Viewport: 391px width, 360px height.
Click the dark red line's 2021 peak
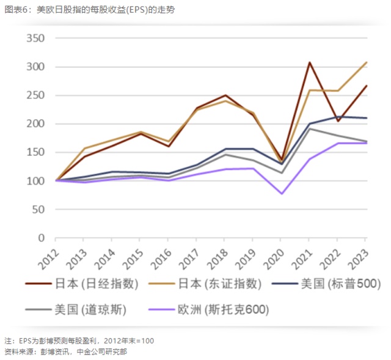[310, 62]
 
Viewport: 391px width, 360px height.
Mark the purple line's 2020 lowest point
[282, 194]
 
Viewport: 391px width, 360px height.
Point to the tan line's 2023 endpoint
[365, 62]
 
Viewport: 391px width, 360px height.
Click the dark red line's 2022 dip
[338, 121]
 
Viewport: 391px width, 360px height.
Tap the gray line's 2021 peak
[310, 129]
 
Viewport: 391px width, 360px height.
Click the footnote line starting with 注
[79, 340]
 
